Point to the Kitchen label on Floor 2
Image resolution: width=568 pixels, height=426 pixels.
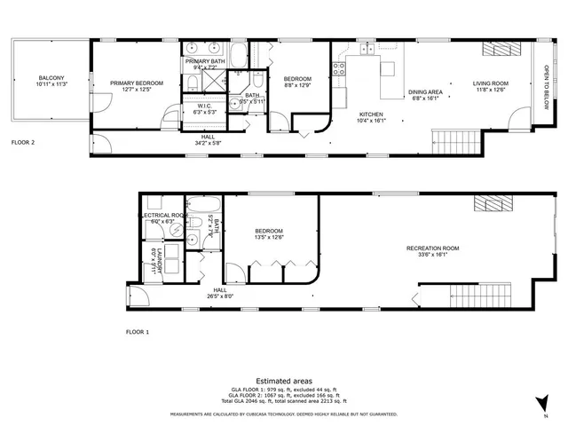click(370, 115)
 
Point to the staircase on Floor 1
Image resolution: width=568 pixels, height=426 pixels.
click(477, 294)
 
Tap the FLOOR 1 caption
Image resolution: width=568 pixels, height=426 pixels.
click(138, 331)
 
